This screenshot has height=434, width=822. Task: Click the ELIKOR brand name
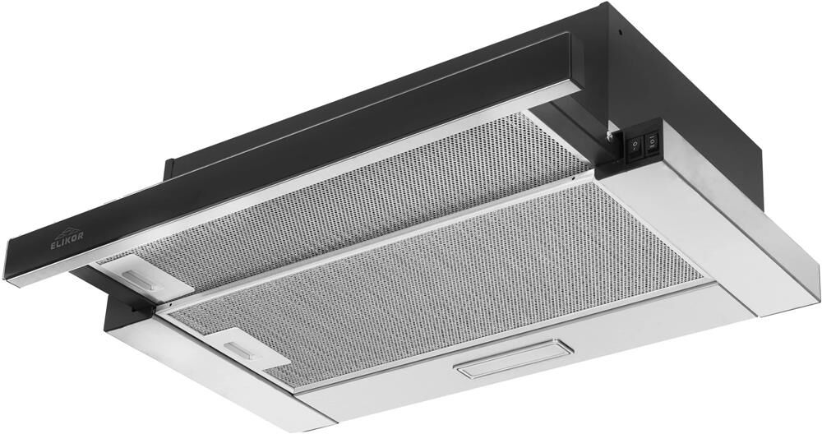(67, 243)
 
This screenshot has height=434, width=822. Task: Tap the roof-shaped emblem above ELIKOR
(67, 232)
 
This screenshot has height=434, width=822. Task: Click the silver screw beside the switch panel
(608, 137)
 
